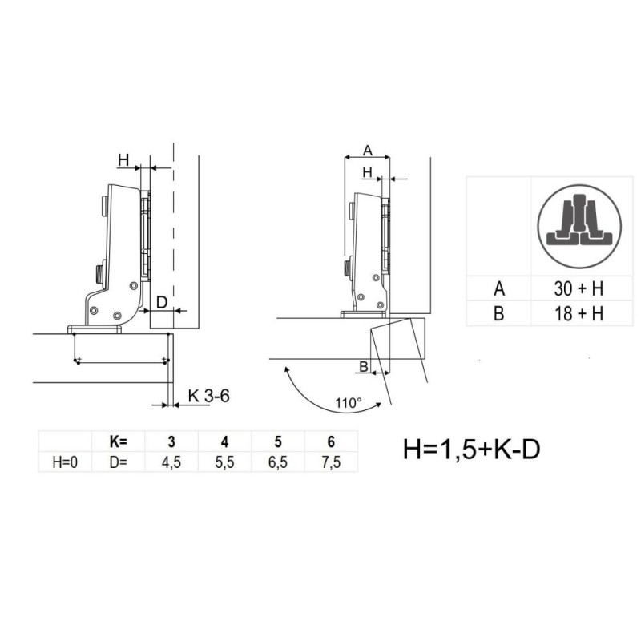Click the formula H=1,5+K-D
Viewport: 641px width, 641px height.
471,449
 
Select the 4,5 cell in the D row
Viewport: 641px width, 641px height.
171,462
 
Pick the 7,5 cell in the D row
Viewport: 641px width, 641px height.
331,462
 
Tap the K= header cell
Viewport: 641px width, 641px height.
119,441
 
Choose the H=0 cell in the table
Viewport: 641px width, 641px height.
65,462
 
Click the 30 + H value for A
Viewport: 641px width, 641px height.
579,288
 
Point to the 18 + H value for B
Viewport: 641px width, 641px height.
579,313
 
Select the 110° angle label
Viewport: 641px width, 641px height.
349,403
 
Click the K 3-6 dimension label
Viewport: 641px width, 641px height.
209,395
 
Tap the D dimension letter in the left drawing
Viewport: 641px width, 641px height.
162,302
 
